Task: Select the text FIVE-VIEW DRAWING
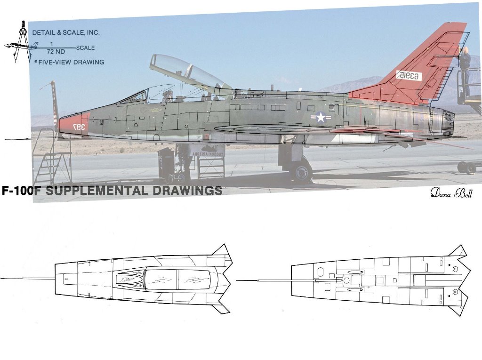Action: [x=71, y=62]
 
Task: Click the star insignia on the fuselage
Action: [x=321, y=117]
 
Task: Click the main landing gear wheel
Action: [x=301, y=172]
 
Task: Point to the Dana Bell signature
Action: [x=450, y=193]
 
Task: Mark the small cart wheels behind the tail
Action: [x=466, y=167]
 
